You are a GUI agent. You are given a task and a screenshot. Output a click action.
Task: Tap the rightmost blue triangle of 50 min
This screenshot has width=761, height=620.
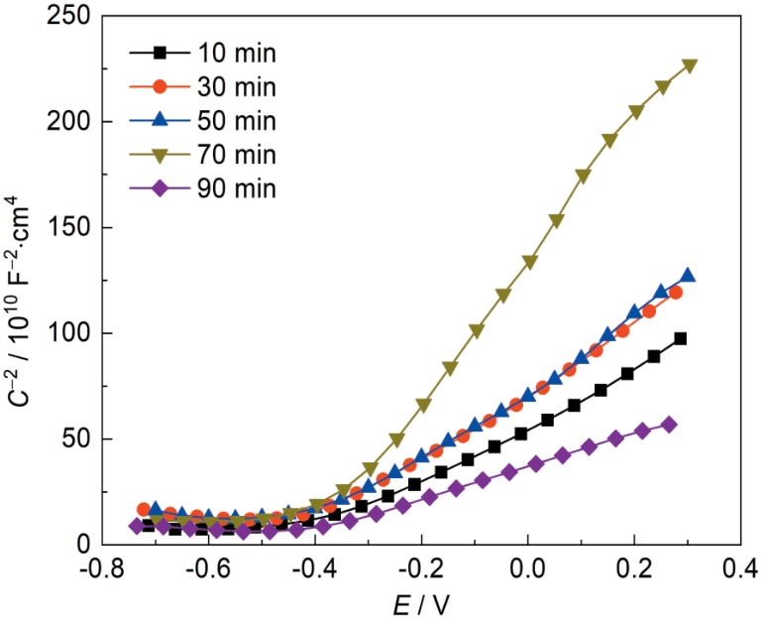point(688,276)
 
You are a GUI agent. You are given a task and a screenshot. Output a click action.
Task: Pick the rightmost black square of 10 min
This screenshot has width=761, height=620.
point(680,338)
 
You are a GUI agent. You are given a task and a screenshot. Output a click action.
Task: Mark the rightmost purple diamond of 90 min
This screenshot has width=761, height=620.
point(669,425)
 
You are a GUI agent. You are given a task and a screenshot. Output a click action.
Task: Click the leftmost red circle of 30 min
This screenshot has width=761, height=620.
point(144,509)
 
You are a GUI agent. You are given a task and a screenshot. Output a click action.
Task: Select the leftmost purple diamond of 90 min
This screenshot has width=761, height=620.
point(137,526)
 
